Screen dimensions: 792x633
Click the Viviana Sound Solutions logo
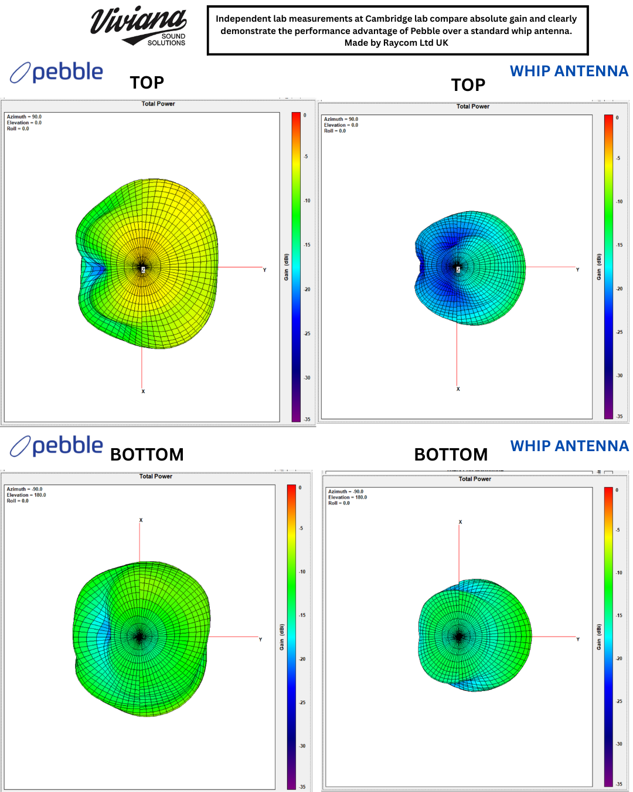(x=139, y=26)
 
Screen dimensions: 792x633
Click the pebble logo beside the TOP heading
(x=57, y=72)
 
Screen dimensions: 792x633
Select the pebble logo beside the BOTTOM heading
(x=57, y=446)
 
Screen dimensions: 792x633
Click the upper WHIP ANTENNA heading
(x=569, y=71)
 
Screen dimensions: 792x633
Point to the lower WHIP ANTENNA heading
(x=569, y=446)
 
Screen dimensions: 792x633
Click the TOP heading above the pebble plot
(x=147, y=83)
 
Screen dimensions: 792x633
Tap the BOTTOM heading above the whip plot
(x=451, y=455)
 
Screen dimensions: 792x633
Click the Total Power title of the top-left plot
(x=158, y=104)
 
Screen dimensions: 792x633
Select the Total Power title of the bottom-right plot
(x=475, y=479)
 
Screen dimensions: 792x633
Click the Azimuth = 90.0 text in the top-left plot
(x=24, y=117)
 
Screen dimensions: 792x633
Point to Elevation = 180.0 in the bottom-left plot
(x=26, y=495)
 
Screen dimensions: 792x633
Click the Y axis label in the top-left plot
(x=264, y=270)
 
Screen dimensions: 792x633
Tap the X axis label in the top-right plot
(x=458, y=389)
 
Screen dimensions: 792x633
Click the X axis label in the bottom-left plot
(x=141, y=520)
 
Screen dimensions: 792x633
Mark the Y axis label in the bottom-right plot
(x=578, y=639)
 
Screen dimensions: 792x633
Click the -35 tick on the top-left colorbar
(x=307, y=419)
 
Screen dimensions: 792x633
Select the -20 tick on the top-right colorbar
(x=619, y=289)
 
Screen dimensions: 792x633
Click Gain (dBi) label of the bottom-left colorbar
(x=282, y=637)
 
